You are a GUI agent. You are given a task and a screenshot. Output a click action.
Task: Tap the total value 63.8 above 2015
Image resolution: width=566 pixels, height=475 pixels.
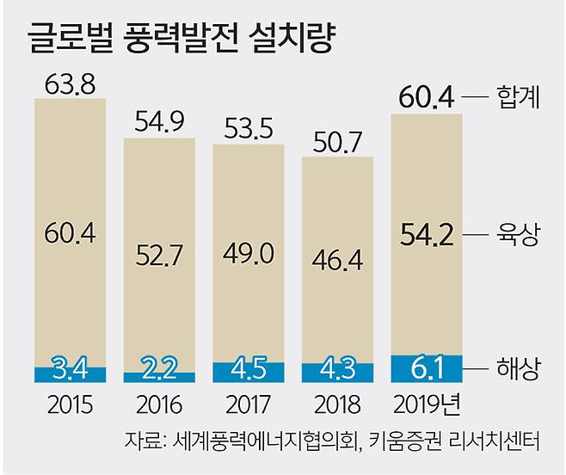click(70, 86)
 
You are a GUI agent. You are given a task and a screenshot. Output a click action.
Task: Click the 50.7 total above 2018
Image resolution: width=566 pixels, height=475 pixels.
click(337, 143)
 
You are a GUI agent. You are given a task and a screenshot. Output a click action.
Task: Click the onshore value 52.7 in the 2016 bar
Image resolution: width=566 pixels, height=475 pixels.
click(159, 255)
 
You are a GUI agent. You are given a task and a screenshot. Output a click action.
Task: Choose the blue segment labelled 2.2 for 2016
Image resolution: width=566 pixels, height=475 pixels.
click(159, 375)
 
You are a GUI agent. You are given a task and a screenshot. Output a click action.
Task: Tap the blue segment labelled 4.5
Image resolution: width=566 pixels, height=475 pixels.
click(248, 371)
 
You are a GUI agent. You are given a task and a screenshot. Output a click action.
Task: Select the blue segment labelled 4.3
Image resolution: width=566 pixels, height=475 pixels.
click(337, 372)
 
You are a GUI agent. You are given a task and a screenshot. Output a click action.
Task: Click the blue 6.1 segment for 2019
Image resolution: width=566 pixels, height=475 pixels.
click(428, 368)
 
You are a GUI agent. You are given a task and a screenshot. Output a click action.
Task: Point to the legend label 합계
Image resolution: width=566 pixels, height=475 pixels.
click(518, 97)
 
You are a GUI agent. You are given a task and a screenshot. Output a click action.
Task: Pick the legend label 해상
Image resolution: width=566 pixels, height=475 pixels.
click(518, 369)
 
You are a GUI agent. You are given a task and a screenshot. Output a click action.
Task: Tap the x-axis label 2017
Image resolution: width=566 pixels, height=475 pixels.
click(248, 404)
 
